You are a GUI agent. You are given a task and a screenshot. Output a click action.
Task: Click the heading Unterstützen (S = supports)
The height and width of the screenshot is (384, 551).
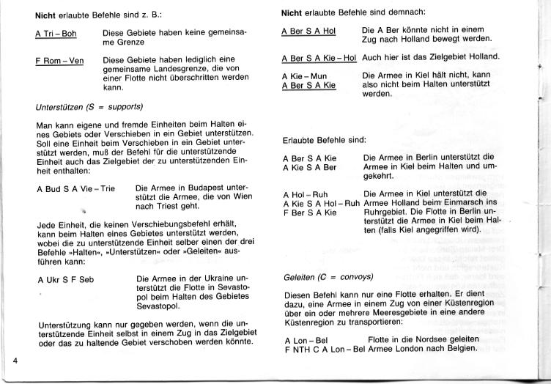click(89, 106)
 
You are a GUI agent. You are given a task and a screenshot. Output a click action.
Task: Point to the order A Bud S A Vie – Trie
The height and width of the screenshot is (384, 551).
click(75, 189)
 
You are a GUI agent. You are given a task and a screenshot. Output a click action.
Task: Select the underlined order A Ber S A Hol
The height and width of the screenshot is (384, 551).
click(308, 32)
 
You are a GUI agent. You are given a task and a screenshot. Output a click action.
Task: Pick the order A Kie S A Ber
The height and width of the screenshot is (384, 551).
click(309, 167)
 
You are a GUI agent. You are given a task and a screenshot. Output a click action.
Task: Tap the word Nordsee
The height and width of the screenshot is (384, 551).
click(441, 339)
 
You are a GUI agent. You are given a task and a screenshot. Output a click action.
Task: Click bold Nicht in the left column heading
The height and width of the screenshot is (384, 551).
click(46, 15)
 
